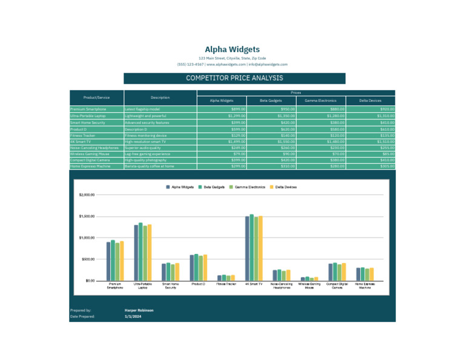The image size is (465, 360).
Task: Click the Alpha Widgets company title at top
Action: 232,50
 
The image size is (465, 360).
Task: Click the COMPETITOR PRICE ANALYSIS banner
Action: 234,78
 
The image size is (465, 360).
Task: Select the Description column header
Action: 160,98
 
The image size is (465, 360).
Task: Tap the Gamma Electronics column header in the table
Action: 320,101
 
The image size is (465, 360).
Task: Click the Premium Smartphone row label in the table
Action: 88,109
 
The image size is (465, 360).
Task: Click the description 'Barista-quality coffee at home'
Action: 150,166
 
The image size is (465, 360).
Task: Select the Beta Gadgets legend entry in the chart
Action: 214,187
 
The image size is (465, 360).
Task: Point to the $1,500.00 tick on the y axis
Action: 87,216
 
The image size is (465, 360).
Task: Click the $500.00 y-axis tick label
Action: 88,259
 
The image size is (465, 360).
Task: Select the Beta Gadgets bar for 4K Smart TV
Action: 251,247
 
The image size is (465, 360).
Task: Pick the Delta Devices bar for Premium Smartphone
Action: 122,261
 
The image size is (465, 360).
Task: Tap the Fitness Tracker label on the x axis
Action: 226,284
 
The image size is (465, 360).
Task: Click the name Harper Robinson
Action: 139,310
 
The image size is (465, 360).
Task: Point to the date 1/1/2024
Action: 132,316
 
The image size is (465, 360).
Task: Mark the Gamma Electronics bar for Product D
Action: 200,268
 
